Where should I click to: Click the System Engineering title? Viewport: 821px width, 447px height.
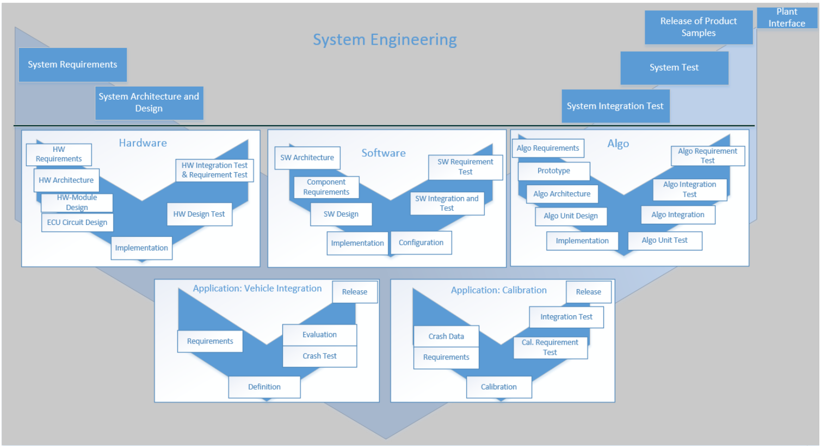(385, 40)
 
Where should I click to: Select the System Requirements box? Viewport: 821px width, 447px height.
(72, 65)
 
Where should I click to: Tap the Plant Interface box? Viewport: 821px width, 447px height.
(787, 17)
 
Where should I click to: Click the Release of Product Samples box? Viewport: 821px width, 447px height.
(699, 27)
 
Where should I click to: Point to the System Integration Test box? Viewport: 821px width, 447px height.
(615, 106)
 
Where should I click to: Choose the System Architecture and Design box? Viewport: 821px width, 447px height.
(149, 102)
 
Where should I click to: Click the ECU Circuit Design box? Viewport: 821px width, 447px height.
(77, 222)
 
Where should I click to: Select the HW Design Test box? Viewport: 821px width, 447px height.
(199, 214)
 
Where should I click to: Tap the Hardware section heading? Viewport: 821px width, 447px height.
(143, 143)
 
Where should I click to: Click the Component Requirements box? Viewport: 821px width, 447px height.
(326, 187)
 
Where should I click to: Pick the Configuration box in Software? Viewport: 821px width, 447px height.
(421, 243)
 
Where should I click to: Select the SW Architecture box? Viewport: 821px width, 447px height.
(307, 158)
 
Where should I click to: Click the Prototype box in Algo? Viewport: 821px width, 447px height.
(554, 171)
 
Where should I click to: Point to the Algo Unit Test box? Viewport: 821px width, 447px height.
(664, 241)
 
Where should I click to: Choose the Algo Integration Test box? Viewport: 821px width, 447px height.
(690, 189)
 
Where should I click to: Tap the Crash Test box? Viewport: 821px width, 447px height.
(319, 356)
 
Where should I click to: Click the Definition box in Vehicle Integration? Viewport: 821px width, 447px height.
(264, 387)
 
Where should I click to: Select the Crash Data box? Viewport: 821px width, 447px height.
(446, 336)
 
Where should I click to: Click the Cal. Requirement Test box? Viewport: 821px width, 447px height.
(550, 347)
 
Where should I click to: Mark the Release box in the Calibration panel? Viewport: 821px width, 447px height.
(589, 292)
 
